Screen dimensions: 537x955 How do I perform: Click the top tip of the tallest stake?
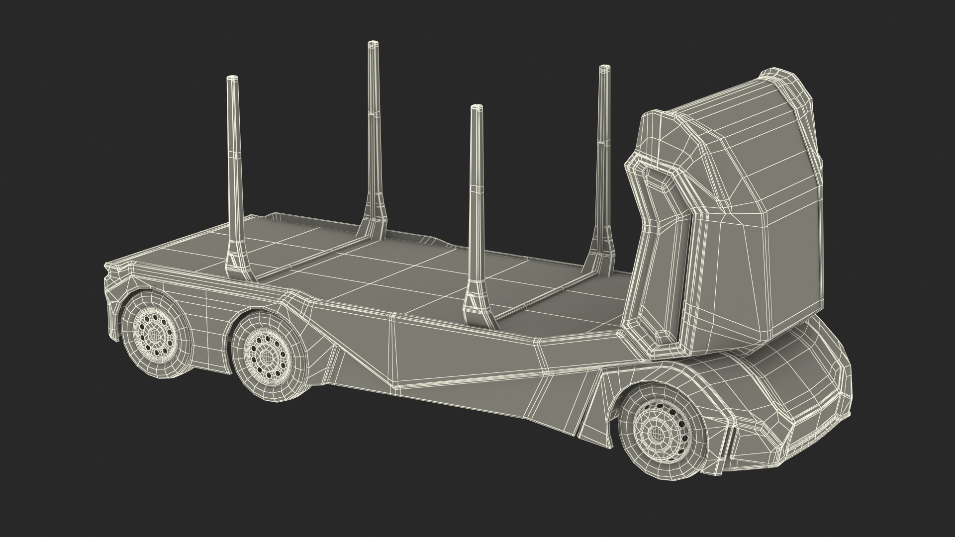point(371,45)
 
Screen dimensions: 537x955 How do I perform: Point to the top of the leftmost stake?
point(232,79)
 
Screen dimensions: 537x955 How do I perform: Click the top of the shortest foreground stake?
point(476,108)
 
